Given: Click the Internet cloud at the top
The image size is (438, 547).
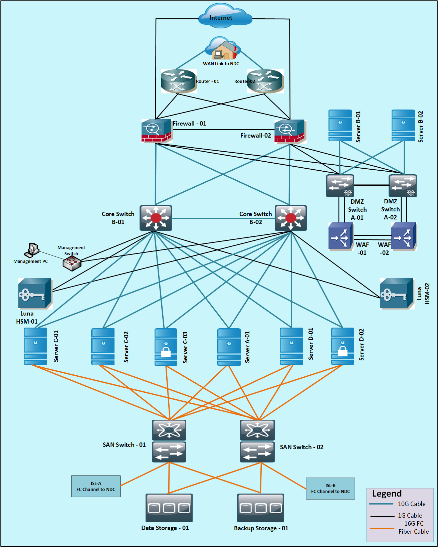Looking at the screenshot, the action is point(225,16).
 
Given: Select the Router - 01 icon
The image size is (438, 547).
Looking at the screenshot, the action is point(179,81).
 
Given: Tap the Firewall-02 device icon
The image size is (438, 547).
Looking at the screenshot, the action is point(290,132).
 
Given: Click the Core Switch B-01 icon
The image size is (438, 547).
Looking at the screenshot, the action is point(156,218).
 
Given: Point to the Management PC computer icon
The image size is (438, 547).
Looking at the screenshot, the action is point(32,250).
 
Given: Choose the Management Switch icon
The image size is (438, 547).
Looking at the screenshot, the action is point(72,263).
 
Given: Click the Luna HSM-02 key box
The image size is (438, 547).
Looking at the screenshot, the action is point(397,294).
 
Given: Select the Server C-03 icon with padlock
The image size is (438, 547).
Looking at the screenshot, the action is point(166,347).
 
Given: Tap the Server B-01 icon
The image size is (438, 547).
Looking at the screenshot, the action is point(340,125).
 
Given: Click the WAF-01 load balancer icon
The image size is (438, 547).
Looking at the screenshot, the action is point(341,236).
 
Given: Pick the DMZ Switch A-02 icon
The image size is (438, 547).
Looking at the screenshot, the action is point(402,186).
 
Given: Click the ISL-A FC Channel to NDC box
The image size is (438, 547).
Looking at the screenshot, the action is point(96,486).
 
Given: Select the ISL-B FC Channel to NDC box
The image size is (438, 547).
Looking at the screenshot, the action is point(330,489).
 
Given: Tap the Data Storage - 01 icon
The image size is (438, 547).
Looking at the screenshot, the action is point(169,508).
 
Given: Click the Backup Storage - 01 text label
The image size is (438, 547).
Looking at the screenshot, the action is point(261,528).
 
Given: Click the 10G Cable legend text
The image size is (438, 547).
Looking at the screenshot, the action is point(412,504).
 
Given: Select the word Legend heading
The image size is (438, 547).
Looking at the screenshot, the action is point(387,494).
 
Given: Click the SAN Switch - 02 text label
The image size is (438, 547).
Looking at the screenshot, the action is point(301,447).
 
